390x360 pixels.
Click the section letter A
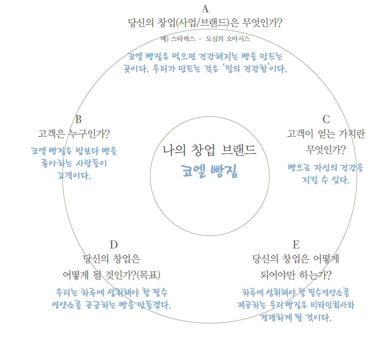(205, 9)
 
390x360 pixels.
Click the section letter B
(78, 119)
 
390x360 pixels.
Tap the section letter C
(326, 119)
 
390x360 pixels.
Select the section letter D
(114, 245)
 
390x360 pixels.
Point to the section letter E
(296, 245)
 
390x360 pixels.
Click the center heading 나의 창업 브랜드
(209, 150)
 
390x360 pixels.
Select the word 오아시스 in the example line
(237, 39)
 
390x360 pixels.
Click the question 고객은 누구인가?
(74, 134)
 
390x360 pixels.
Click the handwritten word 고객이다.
(74, 176)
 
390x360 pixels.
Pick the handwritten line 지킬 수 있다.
(326, 180)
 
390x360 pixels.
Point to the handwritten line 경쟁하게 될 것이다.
(296, 318)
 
